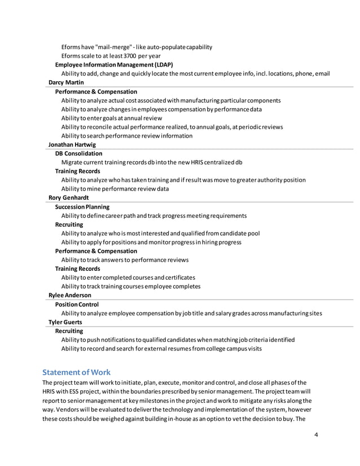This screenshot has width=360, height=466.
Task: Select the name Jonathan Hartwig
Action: tap(72, 144)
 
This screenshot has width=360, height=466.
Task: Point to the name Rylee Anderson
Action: tap(70, 295)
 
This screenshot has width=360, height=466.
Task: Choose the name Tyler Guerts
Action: tap(65, 322)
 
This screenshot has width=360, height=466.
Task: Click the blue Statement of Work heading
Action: tap(77, 372)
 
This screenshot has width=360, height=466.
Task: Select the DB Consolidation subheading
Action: tap(78, 153)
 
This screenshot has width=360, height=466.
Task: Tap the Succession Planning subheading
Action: tap(82, 206)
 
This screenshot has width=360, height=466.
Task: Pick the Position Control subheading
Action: tap(77, 304)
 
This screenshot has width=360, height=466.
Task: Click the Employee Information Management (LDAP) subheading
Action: tap(114, 65)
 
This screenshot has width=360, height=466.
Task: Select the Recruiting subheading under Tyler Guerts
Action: tap(69, 331)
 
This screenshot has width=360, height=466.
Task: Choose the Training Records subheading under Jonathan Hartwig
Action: tap(77, 171)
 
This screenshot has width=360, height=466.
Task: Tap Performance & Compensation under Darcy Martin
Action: tap(96, 91)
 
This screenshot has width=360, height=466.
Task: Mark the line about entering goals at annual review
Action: tap(112, 118)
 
